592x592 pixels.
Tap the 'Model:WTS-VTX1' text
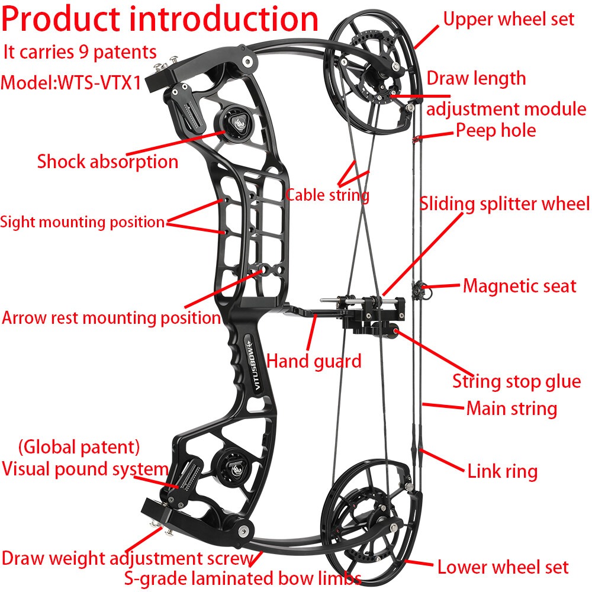(71, 82)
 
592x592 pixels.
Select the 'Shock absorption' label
(108, 162)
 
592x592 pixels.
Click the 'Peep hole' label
(496, 130)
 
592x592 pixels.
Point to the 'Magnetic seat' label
(519, 287)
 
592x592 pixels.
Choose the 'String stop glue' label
(516, 381)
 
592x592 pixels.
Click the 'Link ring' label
(502, 472)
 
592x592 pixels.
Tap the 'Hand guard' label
(314, 360)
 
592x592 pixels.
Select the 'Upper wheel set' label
(509, 19)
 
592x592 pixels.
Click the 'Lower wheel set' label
(503, 567)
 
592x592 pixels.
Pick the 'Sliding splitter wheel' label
(504, 204)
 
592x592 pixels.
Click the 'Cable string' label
(327, 195)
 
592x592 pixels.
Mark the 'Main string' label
(511, 408)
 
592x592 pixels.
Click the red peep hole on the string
(417, 139)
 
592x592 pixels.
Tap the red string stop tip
(395, 334)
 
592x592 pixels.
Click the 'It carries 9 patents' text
(80, 52)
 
